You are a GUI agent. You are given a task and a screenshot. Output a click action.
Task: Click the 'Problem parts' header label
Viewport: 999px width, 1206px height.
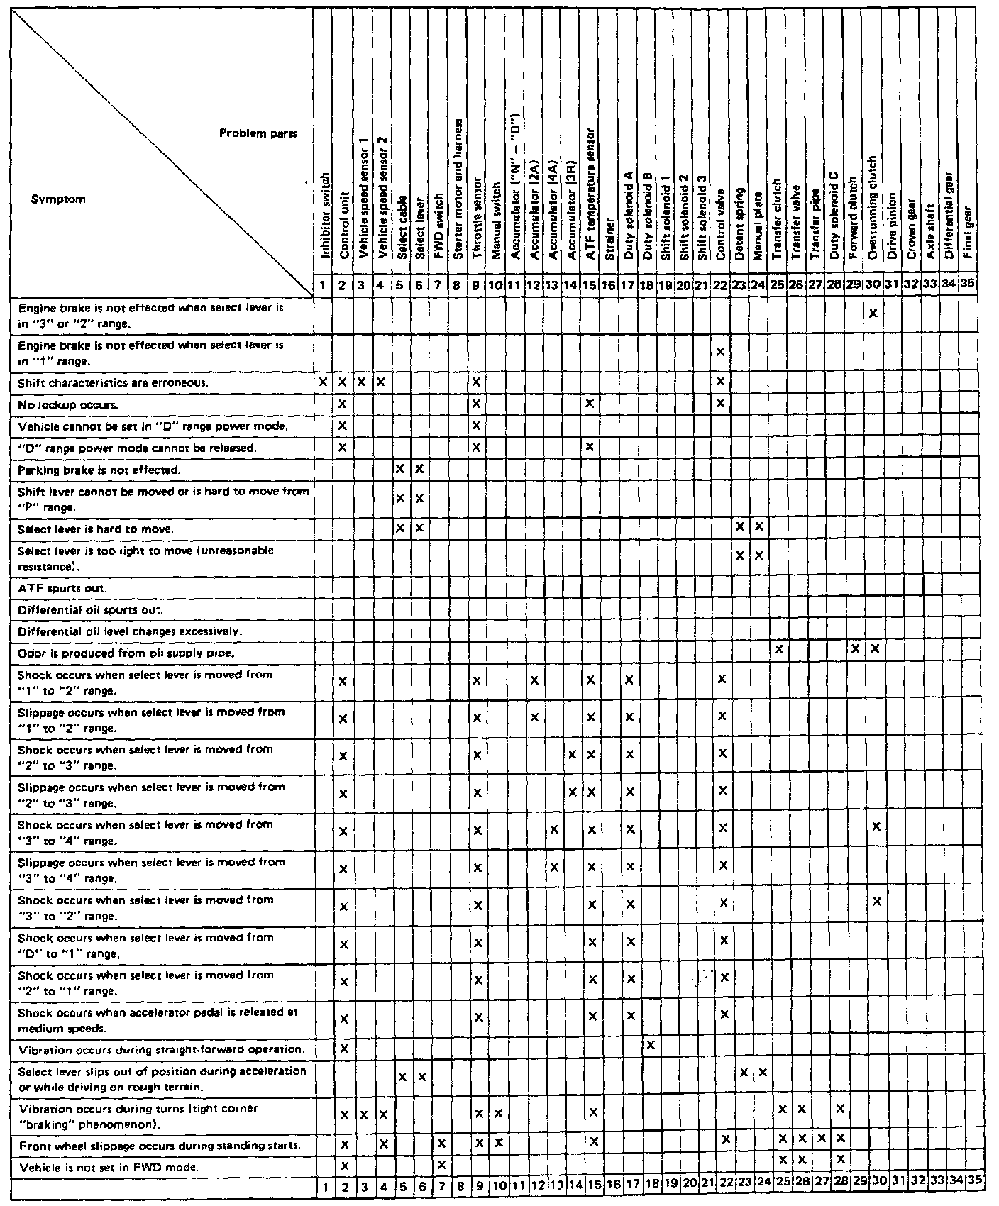[258, 133]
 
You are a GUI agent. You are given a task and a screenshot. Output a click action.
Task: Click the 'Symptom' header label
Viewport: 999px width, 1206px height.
[58, 199]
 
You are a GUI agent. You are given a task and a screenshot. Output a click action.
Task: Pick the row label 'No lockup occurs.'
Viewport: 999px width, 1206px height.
[68, 404]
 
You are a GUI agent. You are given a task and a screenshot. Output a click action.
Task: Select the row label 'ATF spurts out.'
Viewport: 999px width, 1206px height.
[62, 588]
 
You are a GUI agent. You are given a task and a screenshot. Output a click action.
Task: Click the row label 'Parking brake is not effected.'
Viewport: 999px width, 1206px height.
[99, 470]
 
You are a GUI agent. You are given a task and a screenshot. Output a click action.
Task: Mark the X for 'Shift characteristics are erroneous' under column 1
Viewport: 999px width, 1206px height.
[324, 382]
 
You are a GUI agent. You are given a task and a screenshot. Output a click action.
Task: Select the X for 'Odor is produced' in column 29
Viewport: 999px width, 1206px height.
[856, 649]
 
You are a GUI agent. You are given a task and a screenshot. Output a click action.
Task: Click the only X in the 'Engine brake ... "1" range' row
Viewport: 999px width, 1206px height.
[720, 352]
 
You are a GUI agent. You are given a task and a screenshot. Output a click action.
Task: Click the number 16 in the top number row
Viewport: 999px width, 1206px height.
[609, 285]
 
